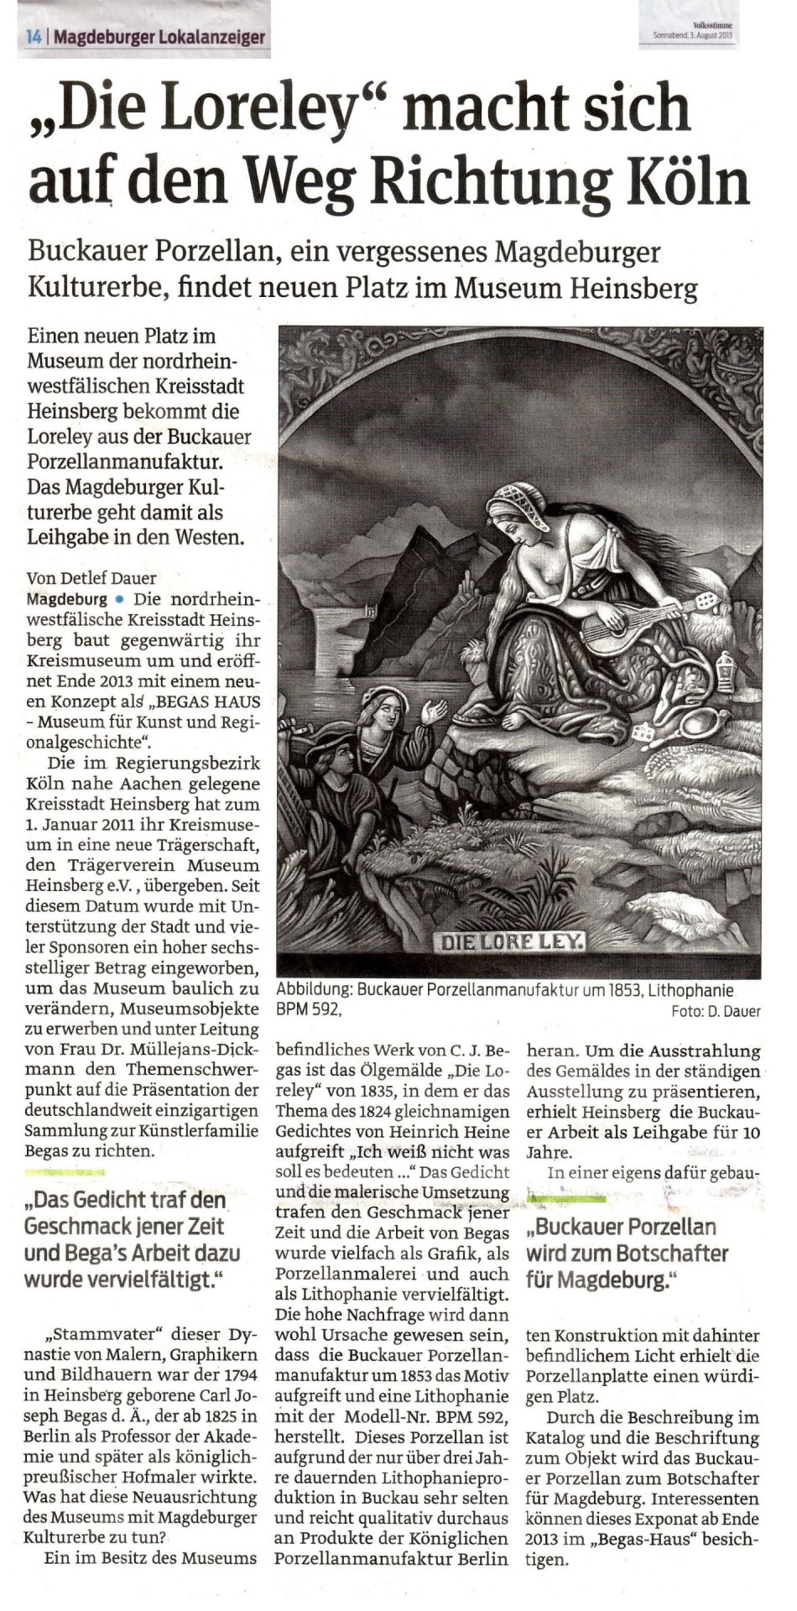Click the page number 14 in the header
[34, 37]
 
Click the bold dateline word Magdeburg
[67, 600]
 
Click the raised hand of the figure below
[433, 712]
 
